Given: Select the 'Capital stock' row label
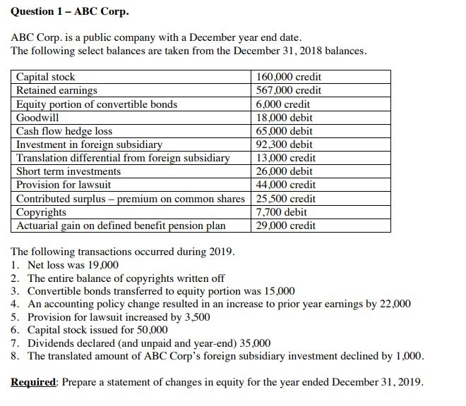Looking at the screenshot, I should tap(46, 77).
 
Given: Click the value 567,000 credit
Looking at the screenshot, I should tap(288, 90).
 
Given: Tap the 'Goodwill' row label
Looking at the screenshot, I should tap(38, 118).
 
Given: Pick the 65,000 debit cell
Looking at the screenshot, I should tap(285, 131).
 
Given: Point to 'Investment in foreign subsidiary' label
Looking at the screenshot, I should tap(89, 144).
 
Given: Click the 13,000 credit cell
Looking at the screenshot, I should tap(286, 158).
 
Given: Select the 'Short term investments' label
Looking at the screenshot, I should tap(68, 171).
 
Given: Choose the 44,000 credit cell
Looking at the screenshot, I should tap(286, 185).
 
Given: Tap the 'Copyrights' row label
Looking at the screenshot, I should tap(42, 212).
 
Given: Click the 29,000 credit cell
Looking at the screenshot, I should tap(286, 226).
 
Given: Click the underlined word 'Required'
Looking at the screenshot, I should tap(34, 382).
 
